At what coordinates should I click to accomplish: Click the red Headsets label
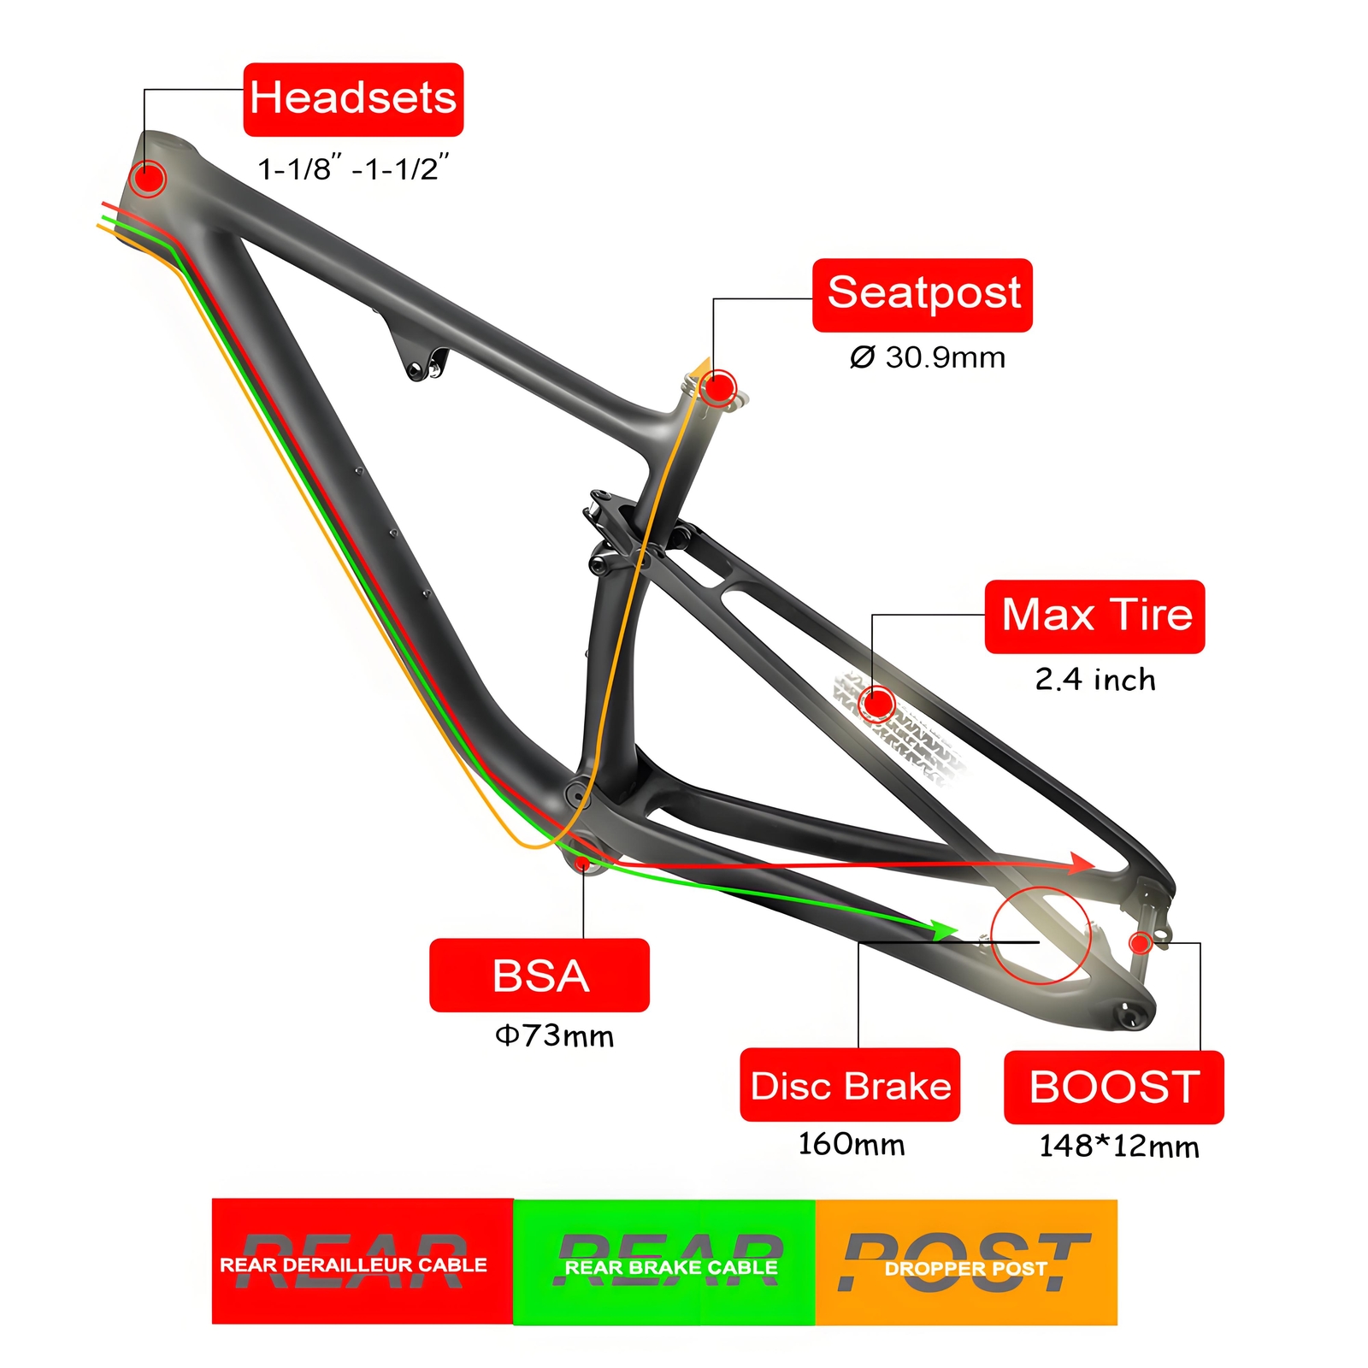(353, 99)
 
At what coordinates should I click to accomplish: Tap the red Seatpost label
(922, 295)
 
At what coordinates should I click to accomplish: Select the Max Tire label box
(1094, 616)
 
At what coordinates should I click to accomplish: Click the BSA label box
(539, 976)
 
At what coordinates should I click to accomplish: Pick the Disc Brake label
(850, 1085)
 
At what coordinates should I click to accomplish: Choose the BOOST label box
(1113, 1088)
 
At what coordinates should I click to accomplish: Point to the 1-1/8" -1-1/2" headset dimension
(353, 168)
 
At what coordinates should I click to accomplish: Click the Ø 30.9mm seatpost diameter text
(927, 357)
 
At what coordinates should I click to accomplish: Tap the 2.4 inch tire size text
(1094, 680)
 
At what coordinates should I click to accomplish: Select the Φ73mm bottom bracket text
(554, 1036)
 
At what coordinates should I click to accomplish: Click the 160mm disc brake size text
(851, 1144)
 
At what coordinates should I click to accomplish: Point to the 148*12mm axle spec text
(1118, 1147)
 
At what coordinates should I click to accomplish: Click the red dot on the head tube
(148, 179)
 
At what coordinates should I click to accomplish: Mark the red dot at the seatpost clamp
(720, 388)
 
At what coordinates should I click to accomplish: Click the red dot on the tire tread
(877, 704)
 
